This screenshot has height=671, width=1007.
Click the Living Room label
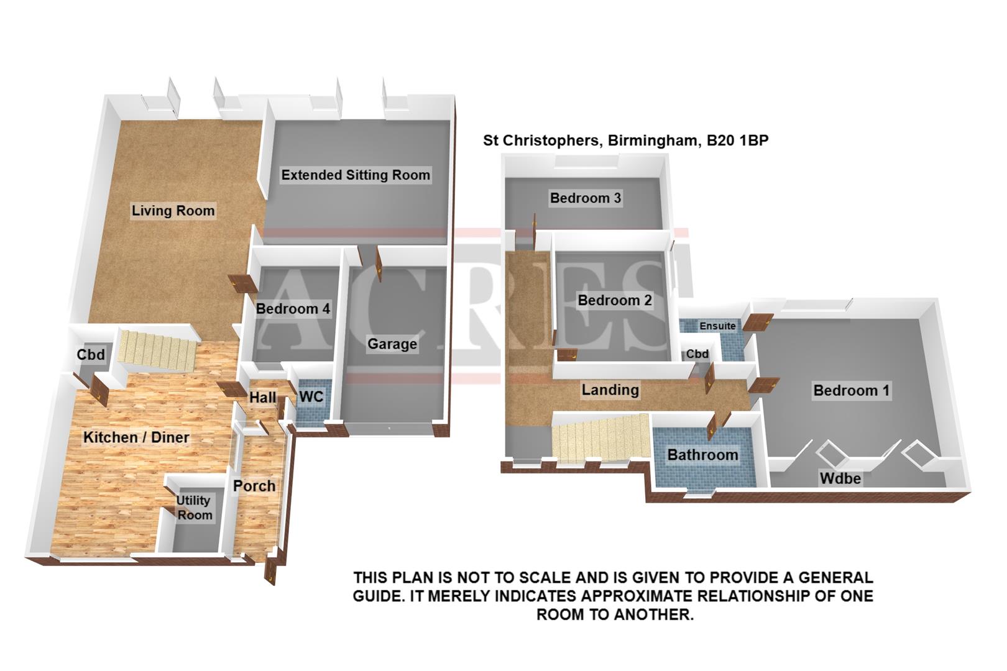pyautogui.click(x=173, y=211)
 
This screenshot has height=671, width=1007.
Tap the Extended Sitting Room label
pyautogui.click(x=356, y=175)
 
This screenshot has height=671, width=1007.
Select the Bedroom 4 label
pyautogui.click(x=293, y=309)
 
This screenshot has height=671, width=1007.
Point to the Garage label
pyautogui.click(x=392, y=344)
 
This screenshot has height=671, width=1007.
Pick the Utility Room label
pyautogui.click(x=194, y=508)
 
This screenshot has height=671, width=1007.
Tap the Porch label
pyautogui.click(x=254, y=486)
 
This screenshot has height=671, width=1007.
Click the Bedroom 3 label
pyautogui.click(x=585, y=198)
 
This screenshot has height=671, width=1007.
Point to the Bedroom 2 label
pyautogui.click(x=614, y=301)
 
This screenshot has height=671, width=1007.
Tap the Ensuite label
pyautogui.click(x=717, y=326)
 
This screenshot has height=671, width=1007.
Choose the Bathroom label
pyautogui.click(x=702, y=455)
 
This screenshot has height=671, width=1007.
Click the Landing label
pyautogui.click(x=610, y=390)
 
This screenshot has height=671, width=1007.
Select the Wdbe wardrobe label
pyautogui.click(x=840, y=478)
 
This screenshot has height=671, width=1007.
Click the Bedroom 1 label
pyautogui.click(x=851, y=391)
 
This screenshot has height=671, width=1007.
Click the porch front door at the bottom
pyautogui.click(x=271, y=571)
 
